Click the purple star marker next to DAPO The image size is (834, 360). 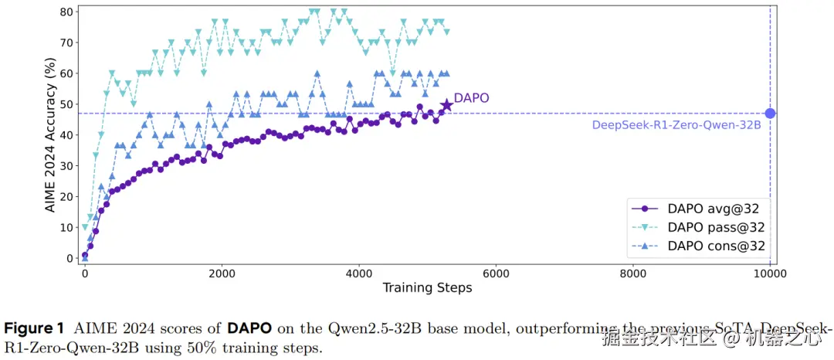click(446, 104)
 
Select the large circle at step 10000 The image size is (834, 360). click(770, 114)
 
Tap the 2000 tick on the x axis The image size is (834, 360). click(222, 274)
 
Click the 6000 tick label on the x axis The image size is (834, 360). click(496, 274)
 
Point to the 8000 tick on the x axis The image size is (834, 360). click(633, 274)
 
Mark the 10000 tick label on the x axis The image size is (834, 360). click(770, 274)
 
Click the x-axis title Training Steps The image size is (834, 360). click(427, 288)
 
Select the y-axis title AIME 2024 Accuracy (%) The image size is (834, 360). click(49, 135)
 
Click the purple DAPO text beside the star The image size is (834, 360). click(471, 99)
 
